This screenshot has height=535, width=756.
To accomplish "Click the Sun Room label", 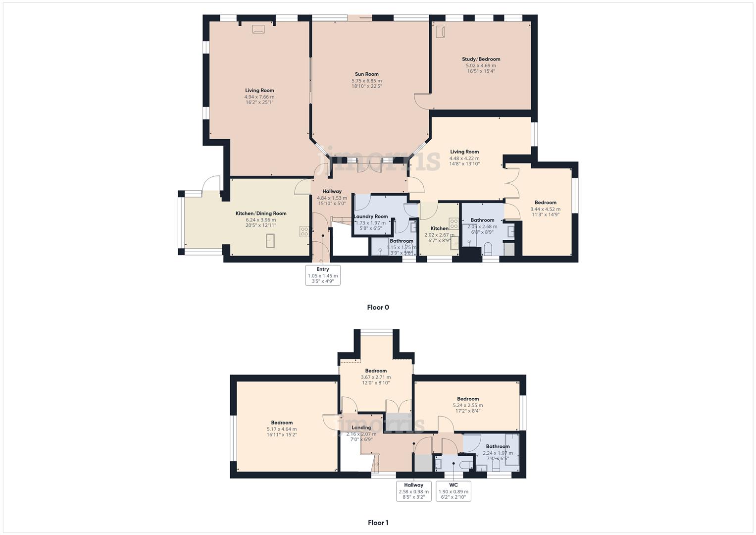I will click(366, 74).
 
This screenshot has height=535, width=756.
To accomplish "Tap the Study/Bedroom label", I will click(481, 59).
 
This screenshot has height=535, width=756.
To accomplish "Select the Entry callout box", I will click(323, 275).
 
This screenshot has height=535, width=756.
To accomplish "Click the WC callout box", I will click(454, 491).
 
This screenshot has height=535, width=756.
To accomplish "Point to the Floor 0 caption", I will click(378, 307).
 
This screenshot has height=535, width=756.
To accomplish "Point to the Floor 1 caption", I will click(378, 523).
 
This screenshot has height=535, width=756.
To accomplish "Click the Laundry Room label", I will click(371, 216).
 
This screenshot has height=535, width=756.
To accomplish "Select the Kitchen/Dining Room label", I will click(260, 214).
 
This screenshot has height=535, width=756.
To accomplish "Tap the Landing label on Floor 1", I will click(361, 428).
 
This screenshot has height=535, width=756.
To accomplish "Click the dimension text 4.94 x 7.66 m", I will click(259, 97).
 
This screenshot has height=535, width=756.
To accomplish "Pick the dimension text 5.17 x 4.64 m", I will click(282, 429).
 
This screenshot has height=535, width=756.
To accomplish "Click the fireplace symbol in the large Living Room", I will click(258, 29).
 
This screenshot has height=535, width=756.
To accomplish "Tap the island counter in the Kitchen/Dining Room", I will click(270, 241).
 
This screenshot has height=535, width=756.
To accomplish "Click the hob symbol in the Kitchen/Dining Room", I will click(304, 231).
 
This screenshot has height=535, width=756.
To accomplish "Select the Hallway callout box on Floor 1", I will click(414, 491).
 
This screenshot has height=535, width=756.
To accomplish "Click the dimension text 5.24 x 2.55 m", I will click(468, 405).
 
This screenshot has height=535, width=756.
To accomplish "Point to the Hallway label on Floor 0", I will click(332, 192).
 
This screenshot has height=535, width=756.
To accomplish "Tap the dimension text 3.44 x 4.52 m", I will click(546, 209).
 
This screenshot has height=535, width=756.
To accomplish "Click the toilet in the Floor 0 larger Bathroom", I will click(488, 248).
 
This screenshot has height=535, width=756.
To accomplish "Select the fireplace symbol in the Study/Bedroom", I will click(440, 31).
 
